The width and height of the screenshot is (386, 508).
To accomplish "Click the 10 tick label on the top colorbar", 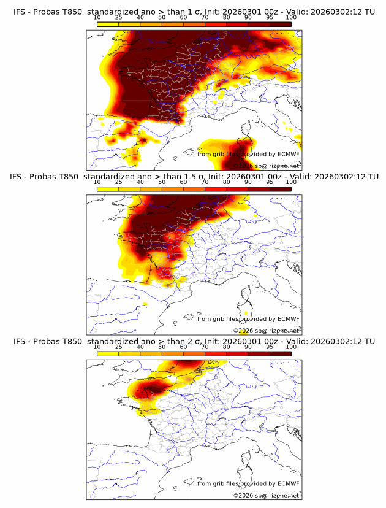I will tap(97, 17).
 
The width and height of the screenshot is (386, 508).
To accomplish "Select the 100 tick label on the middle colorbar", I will tap(291, 182).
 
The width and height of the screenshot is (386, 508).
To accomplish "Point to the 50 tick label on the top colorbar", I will tap(162, 17).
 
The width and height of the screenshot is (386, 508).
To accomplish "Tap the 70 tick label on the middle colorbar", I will tap(205, 182).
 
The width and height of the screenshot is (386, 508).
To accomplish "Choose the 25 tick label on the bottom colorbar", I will tap(119, 347).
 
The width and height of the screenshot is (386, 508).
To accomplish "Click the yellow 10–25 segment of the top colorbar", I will tap(108, 25).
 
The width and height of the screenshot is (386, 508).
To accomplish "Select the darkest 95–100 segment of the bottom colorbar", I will tap(280, 354).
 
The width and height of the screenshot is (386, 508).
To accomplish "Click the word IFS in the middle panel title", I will tap(19, 177).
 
